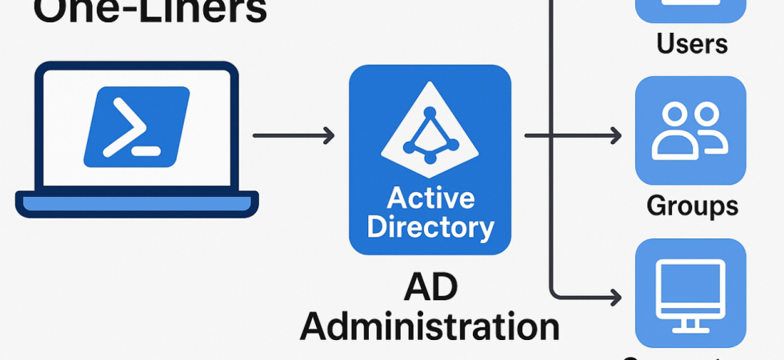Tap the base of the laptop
tap(137, 204)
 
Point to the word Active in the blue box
tap(430, 198)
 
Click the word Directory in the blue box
tap(430, 228)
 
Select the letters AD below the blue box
tap(430, 287)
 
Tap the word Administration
tap(430, 327)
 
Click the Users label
tap(692, 43)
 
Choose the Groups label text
tap(692, 206)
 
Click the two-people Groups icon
tap(690, 131)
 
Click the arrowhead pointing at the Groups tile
tap(616, 136)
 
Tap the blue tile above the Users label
tap(690, 10)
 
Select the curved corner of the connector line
tap(554, 290)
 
